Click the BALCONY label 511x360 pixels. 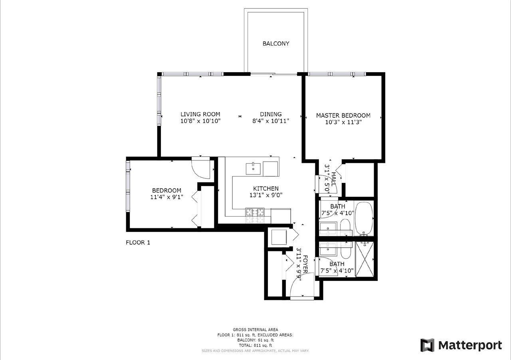(276, 44)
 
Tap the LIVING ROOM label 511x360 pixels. (200, 114)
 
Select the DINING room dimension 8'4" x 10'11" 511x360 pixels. (271, 121)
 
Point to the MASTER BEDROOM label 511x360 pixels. (343, 115)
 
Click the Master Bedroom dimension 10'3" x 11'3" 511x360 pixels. (343, 122)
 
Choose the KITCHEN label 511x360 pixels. (266, 188)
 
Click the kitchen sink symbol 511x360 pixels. (253, 169)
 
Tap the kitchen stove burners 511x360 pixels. (255, 212)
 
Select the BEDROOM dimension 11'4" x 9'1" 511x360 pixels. (166, 197)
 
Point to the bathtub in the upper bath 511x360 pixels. (364, 218)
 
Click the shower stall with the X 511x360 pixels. (364, 259)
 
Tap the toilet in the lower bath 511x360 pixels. (346, 251)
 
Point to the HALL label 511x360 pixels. (333, 179)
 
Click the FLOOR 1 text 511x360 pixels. (138, 243)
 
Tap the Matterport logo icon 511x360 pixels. (427, 345)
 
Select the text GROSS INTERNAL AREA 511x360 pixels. (255, 330)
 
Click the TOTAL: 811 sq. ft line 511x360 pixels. (255, 345)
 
